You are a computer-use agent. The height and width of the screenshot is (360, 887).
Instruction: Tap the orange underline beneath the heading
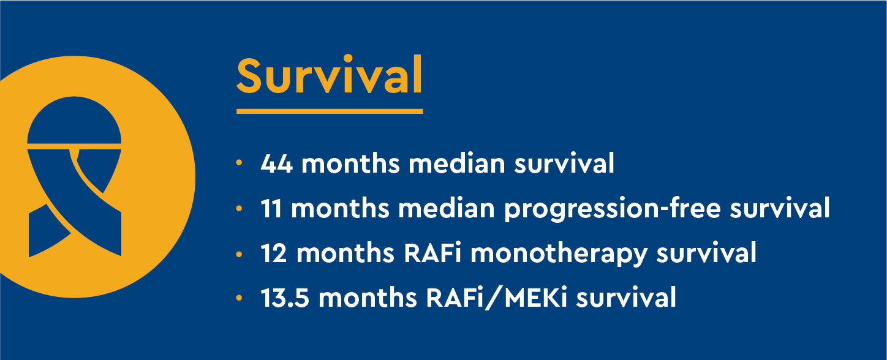point(330,111)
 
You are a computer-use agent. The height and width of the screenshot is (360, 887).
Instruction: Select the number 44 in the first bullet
point(276,163)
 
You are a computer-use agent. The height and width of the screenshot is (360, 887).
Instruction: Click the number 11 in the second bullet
point(271,209)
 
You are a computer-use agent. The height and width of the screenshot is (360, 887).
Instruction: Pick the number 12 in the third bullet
point(273,253)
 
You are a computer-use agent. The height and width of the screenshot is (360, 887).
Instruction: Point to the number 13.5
point(285,298)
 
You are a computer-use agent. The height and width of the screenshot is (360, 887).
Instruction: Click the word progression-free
point(612,209)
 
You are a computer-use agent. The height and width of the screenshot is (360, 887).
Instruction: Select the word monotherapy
point(559,254)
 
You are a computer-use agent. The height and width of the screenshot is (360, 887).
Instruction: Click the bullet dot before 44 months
point(239,163)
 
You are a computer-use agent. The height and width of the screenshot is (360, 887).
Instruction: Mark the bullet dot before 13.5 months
point(239,298)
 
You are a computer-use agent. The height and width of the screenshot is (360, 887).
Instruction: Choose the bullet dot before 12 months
point(239,254)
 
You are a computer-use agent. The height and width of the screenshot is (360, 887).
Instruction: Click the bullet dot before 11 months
point(239,208)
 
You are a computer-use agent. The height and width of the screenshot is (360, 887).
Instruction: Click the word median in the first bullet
point(456,163)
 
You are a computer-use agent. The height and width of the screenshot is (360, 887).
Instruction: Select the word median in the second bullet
point(447,208)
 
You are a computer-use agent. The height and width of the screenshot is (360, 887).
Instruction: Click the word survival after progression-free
point(780,208)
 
